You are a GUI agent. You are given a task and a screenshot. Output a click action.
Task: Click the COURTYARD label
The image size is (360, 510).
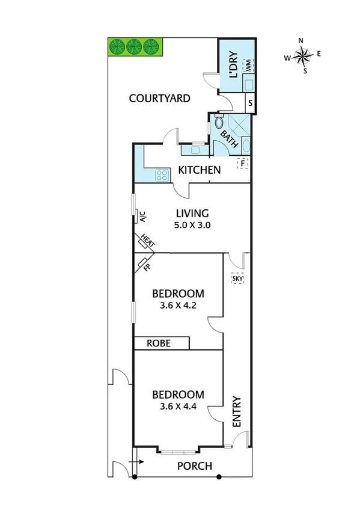pos(160,98)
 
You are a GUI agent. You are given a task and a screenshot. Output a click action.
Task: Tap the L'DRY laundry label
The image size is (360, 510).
pos(234,66)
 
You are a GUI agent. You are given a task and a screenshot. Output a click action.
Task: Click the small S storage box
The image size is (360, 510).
pos(250,103)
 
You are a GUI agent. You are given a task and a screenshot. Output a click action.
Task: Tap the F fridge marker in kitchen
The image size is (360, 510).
pos(243,162)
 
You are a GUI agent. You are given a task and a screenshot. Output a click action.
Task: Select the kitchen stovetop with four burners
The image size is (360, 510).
pos(162,175)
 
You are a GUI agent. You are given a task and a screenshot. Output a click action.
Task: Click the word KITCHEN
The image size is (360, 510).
pos(199,170)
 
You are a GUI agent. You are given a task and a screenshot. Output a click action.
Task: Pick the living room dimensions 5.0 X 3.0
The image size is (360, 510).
pos(192,226)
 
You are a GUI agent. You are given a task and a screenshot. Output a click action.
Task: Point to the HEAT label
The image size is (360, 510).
pos(148,242)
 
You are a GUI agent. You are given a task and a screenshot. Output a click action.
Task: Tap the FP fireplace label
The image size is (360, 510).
pos(146,265)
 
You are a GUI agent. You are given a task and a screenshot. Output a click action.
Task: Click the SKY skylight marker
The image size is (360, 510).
pos(237,279)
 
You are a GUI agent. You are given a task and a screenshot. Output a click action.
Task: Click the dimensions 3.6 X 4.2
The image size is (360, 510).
pos(178,305)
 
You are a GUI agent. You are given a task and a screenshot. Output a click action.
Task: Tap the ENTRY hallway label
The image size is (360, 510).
pos(237,411)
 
